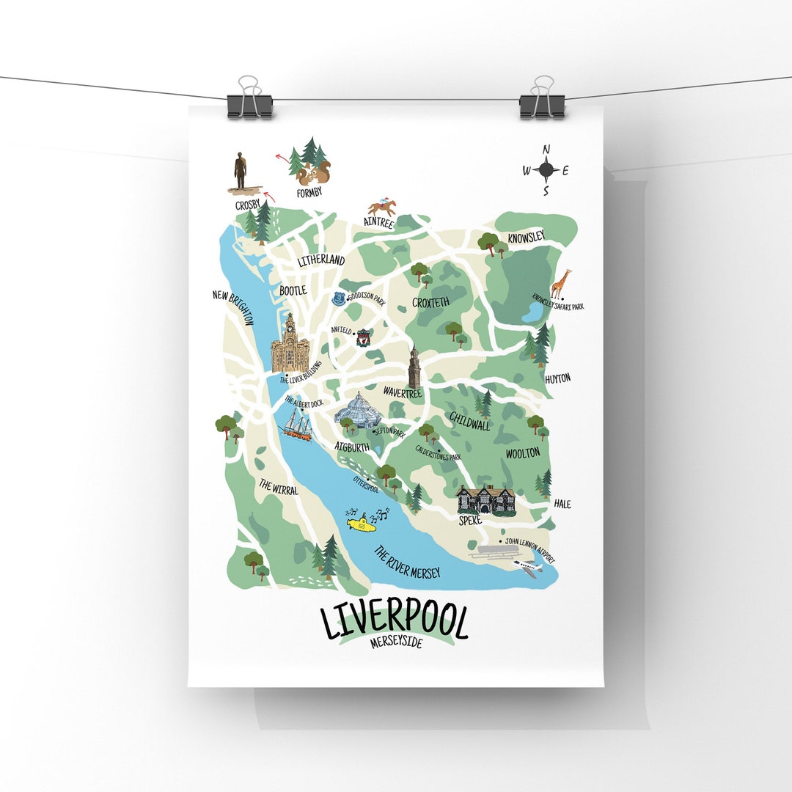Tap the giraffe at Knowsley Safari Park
click(x=561, y=285)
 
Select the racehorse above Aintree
click(x=382, y=208)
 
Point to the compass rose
click(x=546, y=170)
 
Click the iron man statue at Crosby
click(x=241, y=172)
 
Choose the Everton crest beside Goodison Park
click(x=338, y=298)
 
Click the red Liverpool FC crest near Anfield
click(x=362, y=338)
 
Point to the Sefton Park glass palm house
click(x=357, y=411)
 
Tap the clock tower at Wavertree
click(x=415, y=367)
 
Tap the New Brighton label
click(x=233, y=307)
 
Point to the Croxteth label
click(x=431, y=302)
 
